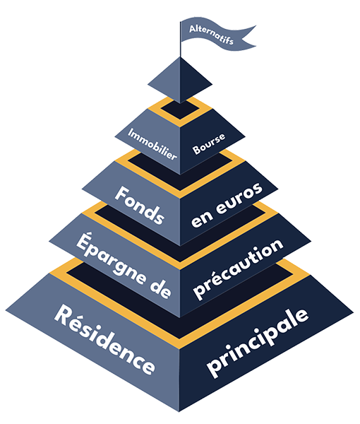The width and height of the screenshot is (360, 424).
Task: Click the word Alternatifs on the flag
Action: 211,35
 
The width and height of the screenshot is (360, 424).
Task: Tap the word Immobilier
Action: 152,144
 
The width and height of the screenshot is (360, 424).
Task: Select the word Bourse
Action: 208,144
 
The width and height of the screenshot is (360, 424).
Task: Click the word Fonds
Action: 140,205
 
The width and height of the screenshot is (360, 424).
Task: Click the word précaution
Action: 238,269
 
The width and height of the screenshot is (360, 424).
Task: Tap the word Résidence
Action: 104,339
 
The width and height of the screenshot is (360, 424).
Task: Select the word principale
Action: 257,343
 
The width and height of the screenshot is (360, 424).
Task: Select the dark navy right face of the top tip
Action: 193,81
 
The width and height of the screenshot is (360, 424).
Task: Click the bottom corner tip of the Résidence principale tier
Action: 179,412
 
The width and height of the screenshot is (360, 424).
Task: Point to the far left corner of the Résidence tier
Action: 6,311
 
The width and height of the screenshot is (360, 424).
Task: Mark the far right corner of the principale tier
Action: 354,313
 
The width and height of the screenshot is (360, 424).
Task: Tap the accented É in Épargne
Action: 83,242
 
